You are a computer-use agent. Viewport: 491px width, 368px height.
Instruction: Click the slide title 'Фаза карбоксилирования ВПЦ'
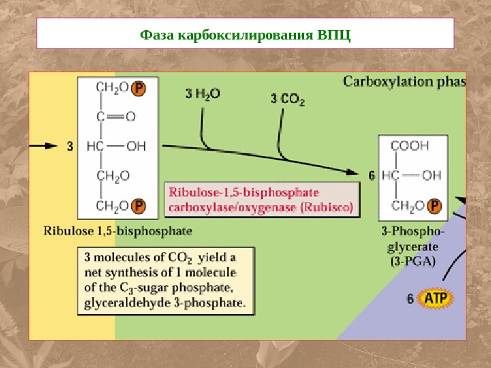pos(245,34)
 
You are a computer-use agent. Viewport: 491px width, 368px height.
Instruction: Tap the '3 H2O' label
pos(203,94)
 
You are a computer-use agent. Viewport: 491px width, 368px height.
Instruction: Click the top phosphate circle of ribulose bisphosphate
pos(138,88)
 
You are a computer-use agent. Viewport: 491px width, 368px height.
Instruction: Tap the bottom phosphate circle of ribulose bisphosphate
pos(138,205)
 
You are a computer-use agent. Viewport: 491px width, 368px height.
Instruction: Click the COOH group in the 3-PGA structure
pos(409,145)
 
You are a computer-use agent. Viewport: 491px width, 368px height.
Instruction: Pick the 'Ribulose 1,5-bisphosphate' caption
pos(118,230)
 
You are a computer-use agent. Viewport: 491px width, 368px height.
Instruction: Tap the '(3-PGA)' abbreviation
pos(413,260)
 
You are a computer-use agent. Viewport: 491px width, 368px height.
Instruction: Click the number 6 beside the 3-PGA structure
pos(372,175)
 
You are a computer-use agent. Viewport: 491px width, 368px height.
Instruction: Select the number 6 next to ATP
pos(410,298)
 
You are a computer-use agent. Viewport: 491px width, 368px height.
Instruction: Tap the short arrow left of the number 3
pos(45,145)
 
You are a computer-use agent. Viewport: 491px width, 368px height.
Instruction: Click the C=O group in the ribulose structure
pos(115,116)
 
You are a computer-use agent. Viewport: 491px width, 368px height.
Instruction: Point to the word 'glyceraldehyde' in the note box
pos(123,300)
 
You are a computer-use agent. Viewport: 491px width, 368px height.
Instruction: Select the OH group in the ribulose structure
pos(136,145)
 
